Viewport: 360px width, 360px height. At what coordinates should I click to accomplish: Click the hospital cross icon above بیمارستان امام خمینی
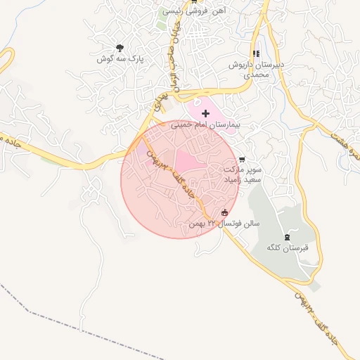coord(205,113)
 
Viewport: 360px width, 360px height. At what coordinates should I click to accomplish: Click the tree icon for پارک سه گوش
coord(120,49)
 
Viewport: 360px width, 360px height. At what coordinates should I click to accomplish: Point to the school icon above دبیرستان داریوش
coord(256,53)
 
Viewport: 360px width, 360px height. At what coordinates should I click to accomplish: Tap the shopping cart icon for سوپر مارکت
coord(243,160)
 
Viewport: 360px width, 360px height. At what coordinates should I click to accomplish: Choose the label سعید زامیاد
coord(243,180)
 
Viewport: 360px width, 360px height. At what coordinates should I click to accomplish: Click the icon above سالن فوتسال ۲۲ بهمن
coord(225,213)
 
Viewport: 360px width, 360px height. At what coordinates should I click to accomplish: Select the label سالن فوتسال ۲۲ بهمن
coord(224,224)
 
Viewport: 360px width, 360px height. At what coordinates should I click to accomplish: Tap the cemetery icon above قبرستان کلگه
coord(285,238)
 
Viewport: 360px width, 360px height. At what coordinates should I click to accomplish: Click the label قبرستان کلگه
coord(283,248)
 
